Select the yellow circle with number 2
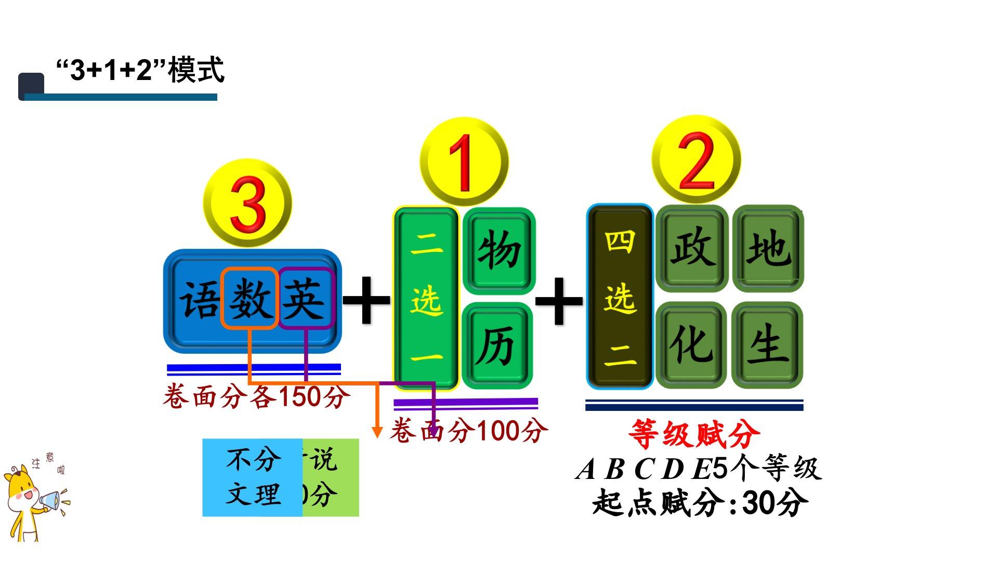click(x=696, y=159)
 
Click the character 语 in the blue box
click(x=200, y=300)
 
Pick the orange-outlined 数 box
click(x=250, y=299)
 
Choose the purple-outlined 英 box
click(x=306, y=299)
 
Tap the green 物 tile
click(x=499, y=250)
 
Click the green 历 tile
click(x=497, y=345)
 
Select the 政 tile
click(x=692, y=248)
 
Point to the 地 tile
click(x=768, y=248)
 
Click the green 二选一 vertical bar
click(x=426, y=298)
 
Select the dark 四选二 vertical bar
click(x=620, y=297)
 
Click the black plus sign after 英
click(x=366, y=300)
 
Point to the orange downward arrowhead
click(x=377, y=432)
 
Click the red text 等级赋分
click(x=694, y=434)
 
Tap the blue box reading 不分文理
click(x=253, y=477)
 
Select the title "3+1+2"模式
click(x=140, y=70)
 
